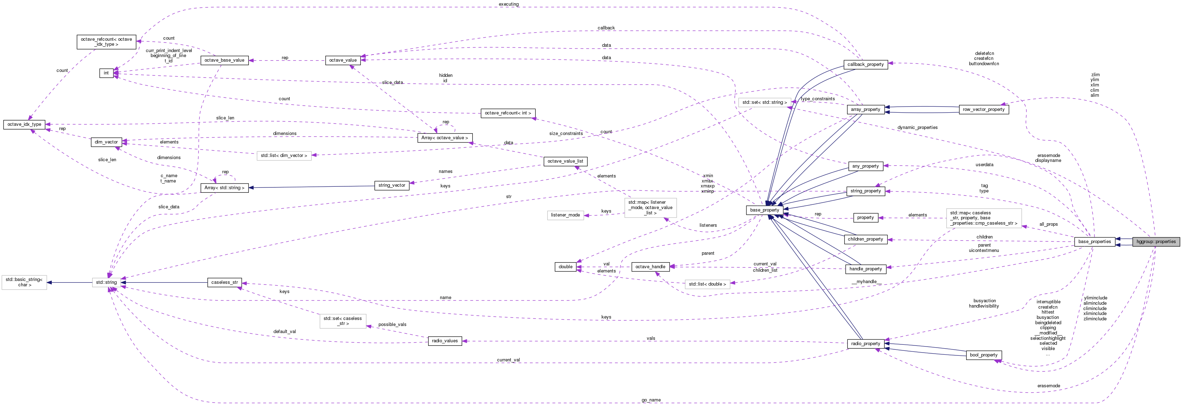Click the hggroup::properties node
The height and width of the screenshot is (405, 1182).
1156,242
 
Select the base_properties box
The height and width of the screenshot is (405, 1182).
1094,242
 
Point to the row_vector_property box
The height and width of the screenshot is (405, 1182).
983,109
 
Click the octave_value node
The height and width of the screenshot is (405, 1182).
343,61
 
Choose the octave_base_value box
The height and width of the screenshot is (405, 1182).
224,61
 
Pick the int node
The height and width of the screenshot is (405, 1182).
106,73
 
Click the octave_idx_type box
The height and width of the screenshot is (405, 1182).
24,124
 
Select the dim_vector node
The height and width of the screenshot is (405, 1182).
106,142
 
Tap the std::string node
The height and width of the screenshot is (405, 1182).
106,282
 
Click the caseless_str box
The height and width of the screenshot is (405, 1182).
224,282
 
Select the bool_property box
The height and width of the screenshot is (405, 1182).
983,355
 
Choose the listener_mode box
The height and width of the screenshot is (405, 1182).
565,215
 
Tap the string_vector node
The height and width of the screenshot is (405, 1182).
391,185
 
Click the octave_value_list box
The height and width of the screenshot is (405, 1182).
565,162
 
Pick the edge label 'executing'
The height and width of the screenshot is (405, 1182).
508,5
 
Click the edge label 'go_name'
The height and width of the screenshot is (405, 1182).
651,400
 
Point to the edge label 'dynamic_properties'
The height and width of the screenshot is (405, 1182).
917,128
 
